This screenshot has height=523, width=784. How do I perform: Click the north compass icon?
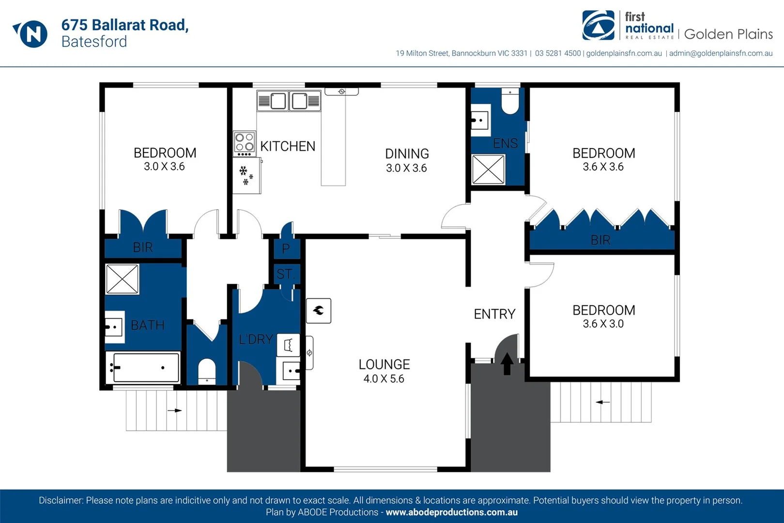tap(31, 33)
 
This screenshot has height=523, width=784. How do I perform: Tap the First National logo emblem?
tap(599, 25)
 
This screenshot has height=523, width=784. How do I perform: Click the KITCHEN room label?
tap(288, 146)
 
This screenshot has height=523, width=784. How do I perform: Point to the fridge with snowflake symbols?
tap(246, 175)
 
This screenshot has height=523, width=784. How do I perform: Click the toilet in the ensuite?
tap(510, 101)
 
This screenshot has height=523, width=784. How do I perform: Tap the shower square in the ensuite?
tap(488, 169)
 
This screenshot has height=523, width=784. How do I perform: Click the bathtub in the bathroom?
tap(143, 368)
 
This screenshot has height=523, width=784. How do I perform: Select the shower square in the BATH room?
tap(122, 279)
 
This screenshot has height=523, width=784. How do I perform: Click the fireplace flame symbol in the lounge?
tap(319, 310)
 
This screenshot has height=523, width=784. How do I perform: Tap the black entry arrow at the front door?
tap(507, 363)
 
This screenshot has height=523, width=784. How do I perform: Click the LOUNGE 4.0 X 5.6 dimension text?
tap(384, 379)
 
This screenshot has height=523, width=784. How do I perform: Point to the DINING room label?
tap(407, 154)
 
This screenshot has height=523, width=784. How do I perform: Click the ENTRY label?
tap(494, 314)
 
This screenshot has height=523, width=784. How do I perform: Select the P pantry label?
tap(286, 249)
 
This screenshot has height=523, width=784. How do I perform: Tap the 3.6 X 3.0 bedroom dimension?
tap(603, 324)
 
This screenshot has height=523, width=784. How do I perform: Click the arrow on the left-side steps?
tap(174, 411)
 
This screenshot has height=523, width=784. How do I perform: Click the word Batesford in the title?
tap(94, 42)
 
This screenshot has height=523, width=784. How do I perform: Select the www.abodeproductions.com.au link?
tap(451, 512)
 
